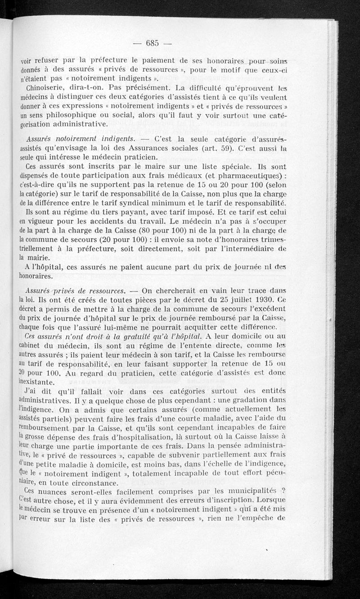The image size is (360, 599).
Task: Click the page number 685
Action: [153, 43]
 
